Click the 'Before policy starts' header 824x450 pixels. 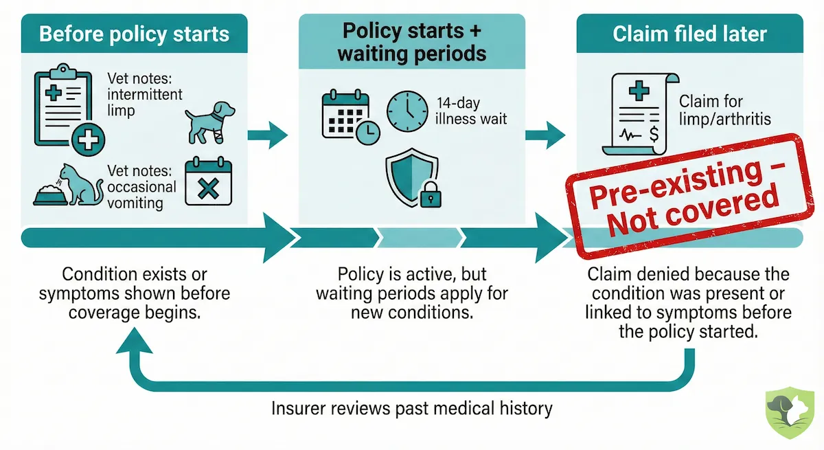tap(134, 34)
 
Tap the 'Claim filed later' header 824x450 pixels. tap(689, 34)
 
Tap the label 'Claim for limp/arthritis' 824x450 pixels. tap(725, 111)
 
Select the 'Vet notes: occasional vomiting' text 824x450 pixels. tap(141, 187)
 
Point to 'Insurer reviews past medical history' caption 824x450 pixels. tap(411, 409)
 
